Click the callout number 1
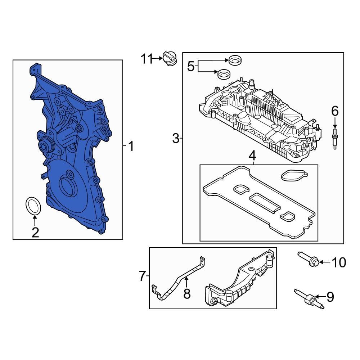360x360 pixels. (131, 146)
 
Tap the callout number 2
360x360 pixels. (35, 232)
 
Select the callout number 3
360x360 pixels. (175, 138)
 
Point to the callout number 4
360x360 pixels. (252, 156)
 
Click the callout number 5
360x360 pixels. (190, 66)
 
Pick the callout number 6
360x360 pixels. (335, 111)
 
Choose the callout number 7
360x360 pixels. (142, 276)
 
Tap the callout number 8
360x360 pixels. (186, 293)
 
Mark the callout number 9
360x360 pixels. (330, 297)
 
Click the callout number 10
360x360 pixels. (338, 262)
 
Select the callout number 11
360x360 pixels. (147, 58)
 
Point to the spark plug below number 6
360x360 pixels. (335, 138)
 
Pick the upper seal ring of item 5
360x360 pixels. (235, 60)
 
